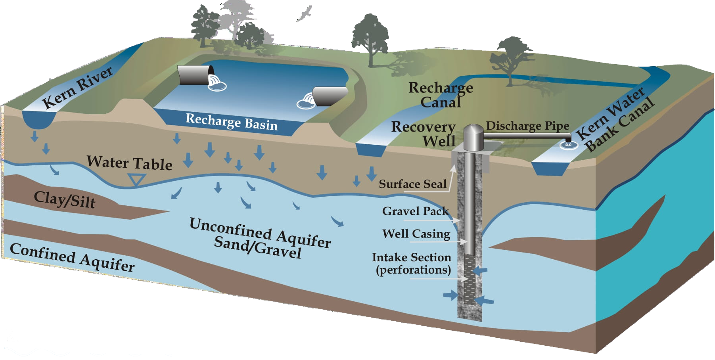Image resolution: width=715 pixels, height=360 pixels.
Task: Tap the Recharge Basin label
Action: click(232, 122)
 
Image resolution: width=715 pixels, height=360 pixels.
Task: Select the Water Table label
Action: click(129, 163)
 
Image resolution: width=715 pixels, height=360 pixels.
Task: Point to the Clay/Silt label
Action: click(65, 199)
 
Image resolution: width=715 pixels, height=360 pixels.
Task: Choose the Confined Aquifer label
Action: click(72, 258)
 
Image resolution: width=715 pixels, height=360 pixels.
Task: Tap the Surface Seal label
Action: click(412, 184)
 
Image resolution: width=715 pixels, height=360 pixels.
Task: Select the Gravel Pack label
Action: click(415, 211)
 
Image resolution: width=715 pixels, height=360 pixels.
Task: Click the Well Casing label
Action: click(416, 234)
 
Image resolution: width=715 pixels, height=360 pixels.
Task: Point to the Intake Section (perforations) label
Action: click(412, 263)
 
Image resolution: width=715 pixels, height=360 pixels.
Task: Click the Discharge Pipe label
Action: click(527, 126)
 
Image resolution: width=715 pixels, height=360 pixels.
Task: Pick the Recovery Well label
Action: click(424, 134)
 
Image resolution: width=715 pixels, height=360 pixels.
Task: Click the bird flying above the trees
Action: click(304, 14)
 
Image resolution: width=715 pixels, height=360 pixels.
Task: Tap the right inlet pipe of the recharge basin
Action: click(329, 96)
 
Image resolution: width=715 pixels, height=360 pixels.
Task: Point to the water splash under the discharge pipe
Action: click(568, 145)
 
